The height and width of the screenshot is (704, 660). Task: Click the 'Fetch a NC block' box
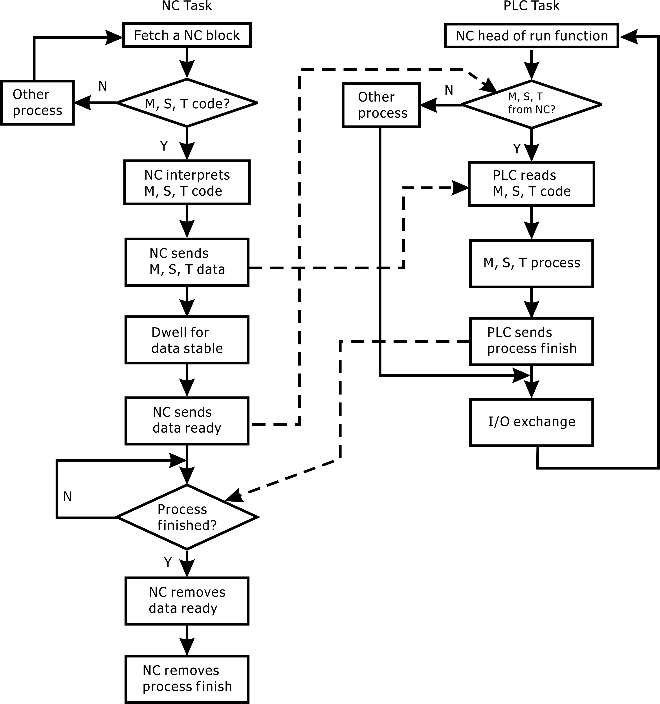pyautogui.click(x=187, y=35)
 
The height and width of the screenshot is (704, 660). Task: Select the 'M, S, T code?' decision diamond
pyautogui.click(x=187, y=103)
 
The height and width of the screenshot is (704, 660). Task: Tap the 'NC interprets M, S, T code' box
pyautogui.click(x=187, y=183)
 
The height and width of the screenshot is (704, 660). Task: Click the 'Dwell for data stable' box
pyautogui.click(x=187, y=340)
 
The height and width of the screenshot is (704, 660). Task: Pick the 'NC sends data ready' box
pyautogui.click(x=187, y=420)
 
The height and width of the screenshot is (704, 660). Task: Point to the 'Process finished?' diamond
pyautogui.click(x=187, y=517)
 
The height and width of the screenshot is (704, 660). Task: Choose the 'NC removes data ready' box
pyautogui.click(x=187, y=601)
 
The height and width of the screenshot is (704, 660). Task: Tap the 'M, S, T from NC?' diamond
pyautogui.click(x=531, y=104)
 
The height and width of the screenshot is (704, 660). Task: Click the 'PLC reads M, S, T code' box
pyautogui.click(x=531, y=184)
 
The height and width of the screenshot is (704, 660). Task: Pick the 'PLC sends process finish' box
pyautogui.click(x=531, y=341)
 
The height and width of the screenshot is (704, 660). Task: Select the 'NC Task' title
pyautogui.click(x=187, y=6)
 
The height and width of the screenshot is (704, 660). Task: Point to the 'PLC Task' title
pyautogui.click(x=531, y=6)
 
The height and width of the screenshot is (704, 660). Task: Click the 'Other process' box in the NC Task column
pyautogui.click(x=37, y=103)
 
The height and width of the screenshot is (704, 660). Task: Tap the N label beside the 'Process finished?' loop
pyautogui.click(x=67, y=497)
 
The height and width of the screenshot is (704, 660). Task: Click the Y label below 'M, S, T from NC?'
pyautogui.click(x=517, y=149)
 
